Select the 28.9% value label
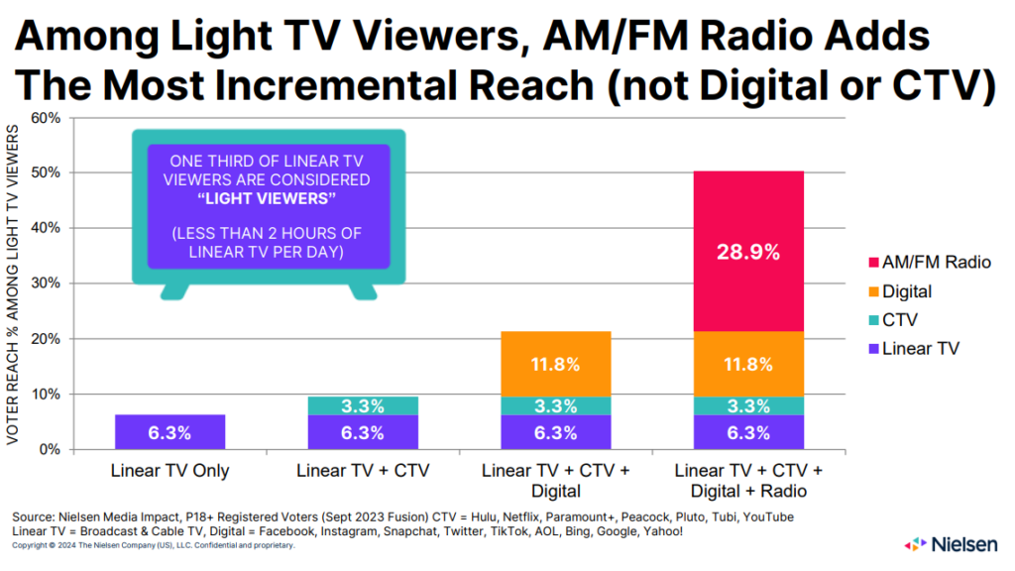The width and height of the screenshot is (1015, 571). click(748, 251)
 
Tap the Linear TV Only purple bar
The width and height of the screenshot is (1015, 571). click(169, 432)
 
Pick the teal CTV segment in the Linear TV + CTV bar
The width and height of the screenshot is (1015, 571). click(363, 404)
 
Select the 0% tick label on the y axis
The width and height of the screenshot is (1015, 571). click(50, 450)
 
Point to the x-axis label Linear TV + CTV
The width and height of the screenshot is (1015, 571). click(363, 471)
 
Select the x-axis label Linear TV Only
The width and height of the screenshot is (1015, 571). click(169, 471)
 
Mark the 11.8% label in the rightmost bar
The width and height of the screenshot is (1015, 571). click(748, 364)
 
